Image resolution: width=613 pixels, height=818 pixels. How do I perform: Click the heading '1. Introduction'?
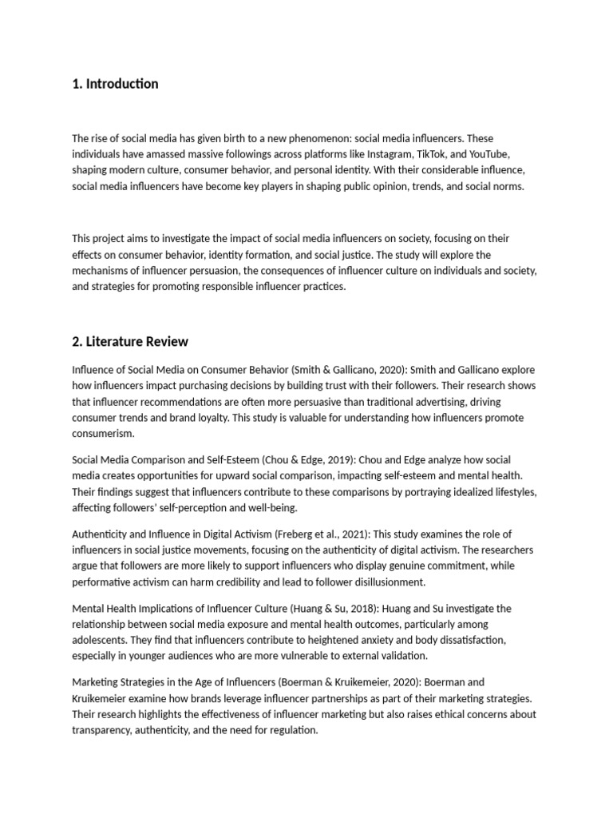[115, 84]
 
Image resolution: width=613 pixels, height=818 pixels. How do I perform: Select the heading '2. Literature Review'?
[130, 342]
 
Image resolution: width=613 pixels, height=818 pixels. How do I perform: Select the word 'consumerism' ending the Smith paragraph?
[103, 434]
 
